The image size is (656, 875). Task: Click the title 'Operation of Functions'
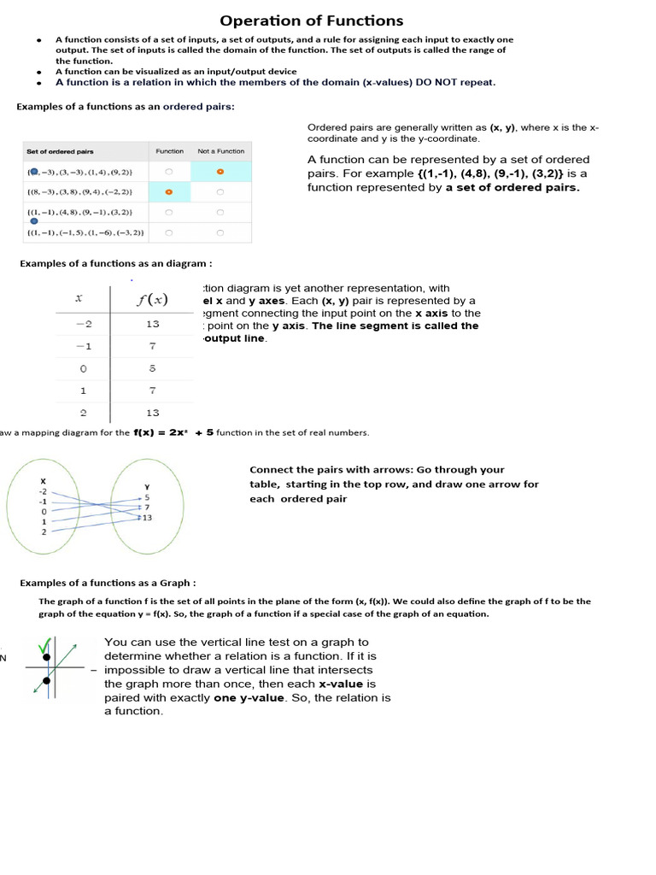coord(312,21)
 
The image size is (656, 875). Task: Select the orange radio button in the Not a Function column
coord(220,172)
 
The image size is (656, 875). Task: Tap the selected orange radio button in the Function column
coord(169,191)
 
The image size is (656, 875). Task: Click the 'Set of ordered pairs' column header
coord(60,151)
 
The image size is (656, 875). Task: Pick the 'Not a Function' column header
coord(220,151)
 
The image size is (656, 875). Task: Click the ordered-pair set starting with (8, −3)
coord(79,191)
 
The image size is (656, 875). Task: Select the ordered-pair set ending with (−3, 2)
coord(85,232)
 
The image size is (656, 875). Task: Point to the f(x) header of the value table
coord(152,299)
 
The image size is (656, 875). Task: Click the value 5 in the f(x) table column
coord(152,368)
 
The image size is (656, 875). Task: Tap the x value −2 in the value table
coord(82,324)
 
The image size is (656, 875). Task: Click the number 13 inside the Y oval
coord(148,518)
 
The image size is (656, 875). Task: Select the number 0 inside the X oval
coord(43,511)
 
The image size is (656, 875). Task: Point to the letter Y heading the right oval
coord(147,487)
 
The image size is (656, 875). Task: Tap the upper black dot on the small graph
coord(46,657)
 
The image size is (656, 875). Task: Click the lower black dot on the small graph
coord(46,681)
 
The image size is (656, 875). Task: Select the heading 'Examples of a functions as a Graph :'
coord(108,583)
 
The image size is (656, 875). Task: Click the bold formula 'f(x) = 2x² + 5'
coord(173,432)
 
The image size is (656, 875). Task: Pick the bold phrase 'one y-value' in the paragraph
coord(250,697)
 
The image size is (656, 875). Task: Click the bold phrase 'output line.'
coord(235,338)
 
